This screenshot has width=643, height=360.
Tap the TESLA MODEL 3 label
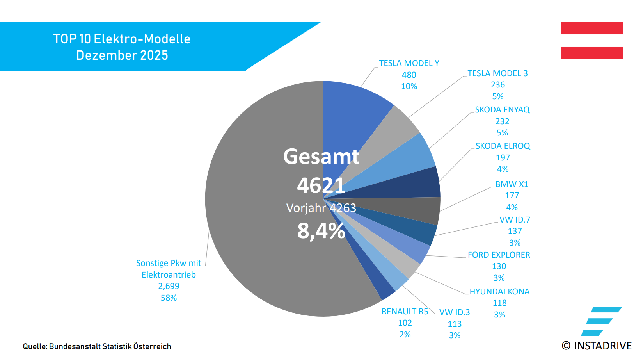coord(497,73)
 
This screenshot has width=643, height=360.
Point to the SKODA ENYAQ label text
coord(502,110)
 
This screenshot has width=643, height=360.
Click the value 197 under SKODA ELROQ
coord(503,158)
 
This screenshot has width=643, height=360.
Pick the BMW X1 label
coord(512,184)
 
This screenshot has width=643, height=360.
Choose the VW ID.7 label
coord(515,220)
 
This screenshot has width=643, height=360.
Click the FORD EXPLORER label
coord(499,255)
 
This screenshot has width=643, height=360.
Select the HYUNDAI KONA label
coord(499,292)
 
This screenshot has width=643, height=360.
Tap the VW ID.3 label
coord(455,312)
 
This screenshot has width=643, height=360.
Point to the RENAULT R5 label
coord(405,312)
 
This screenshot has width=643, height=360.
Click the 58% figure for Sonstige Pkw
coord(169,298)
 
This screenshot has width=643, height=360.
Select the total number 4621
coord(321,185)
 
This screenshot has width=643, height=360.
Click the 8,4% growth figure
coord(321,231)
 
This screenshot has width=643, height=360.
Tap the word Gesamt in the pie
coord(321,157)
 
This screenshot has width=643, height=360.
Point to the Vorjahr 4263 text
coord(321,208)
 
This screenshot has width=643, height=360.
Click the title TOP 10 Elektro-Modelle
coord(122,39)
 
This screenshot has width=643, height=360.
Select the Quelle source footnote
coord(97,346)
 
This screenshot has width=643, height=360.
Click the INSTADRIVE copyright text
coord(597,346)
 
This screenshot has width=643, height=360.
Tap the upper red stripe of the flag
coord(591,28)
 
